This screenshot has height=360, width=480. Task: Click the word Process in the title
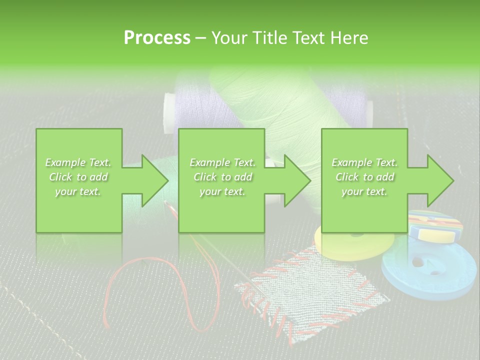(157, 38)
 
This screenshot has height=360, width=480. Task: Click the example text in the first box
(78, 177)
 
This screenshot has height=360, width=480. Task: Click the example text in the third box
(364, 177)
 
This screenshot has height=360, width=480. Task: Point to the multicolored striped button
(435, 226)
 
